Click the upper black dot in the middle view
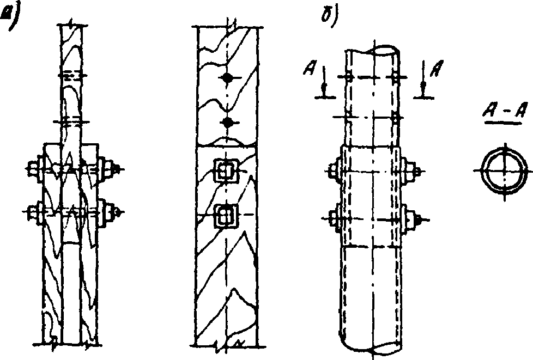coord(229,78)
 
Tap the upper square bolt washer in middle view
coord(225,170)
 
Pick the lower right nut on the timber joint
coord(106,210)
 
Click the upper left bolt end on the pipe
coord(334,170)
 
